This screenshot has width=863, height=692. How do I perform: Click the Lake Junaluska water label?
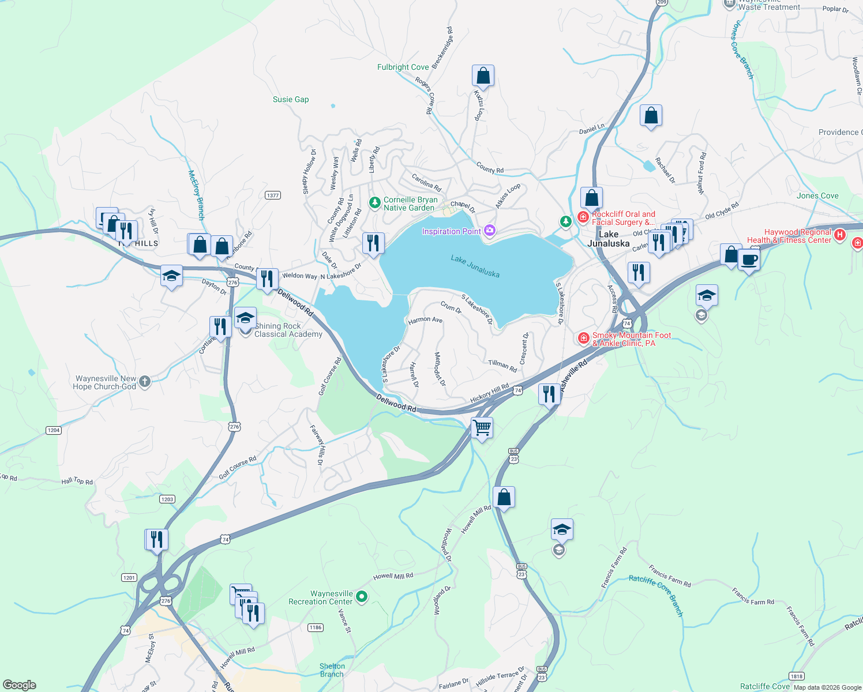tap(475, 266)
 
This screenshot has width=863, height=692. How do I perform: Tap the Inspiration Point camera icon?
tap(490, 231)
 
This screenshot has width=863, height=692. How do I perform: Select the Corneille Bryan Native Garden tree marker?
tap(375, 202)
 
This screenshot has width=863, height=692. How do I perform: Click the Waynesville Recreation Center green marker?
tap(362, 597)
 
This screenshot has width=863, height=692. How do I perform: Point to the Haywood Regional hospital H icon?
tap(840, 235)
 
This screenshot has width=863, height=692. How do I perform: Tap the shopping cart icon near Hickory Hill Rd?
tap(482, 428)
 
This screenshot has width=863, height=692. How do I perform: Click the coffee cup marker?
tap(749, 259)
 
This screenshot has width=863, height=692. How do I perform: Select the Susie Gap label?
tap(291, 99)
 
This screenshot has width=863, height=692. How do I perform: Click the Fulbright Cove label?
tap(403, 67)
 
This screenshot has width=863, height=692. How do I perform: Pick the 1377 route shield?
tap(273, 195)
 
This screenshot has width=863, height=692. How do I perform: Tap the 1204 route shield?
tap(54, 430)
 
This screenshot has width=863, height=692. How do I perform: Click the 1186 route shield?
tap(315, 627)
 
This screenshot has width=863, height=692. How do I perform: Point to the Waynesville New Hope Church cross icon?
tap(145, 381)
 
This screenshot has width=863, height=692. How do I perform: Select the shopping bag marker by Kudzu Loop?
tap(483, 76)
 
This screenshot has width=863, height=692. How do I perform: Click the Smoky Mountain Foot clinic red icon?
tap(583, 338)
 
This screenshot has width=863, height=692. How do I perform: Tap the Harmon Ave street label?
tap(425, 320)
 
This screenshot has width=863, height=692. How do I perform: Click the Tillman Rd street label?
tap(502, 365)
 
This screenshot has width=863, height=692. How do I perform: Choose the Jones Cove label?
tap(817, 195)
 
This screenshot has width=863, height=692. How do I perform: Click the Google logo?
tap(20, 685)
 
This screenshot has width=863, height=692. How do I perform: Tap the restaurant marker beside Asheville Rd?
tap(549, 394)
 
